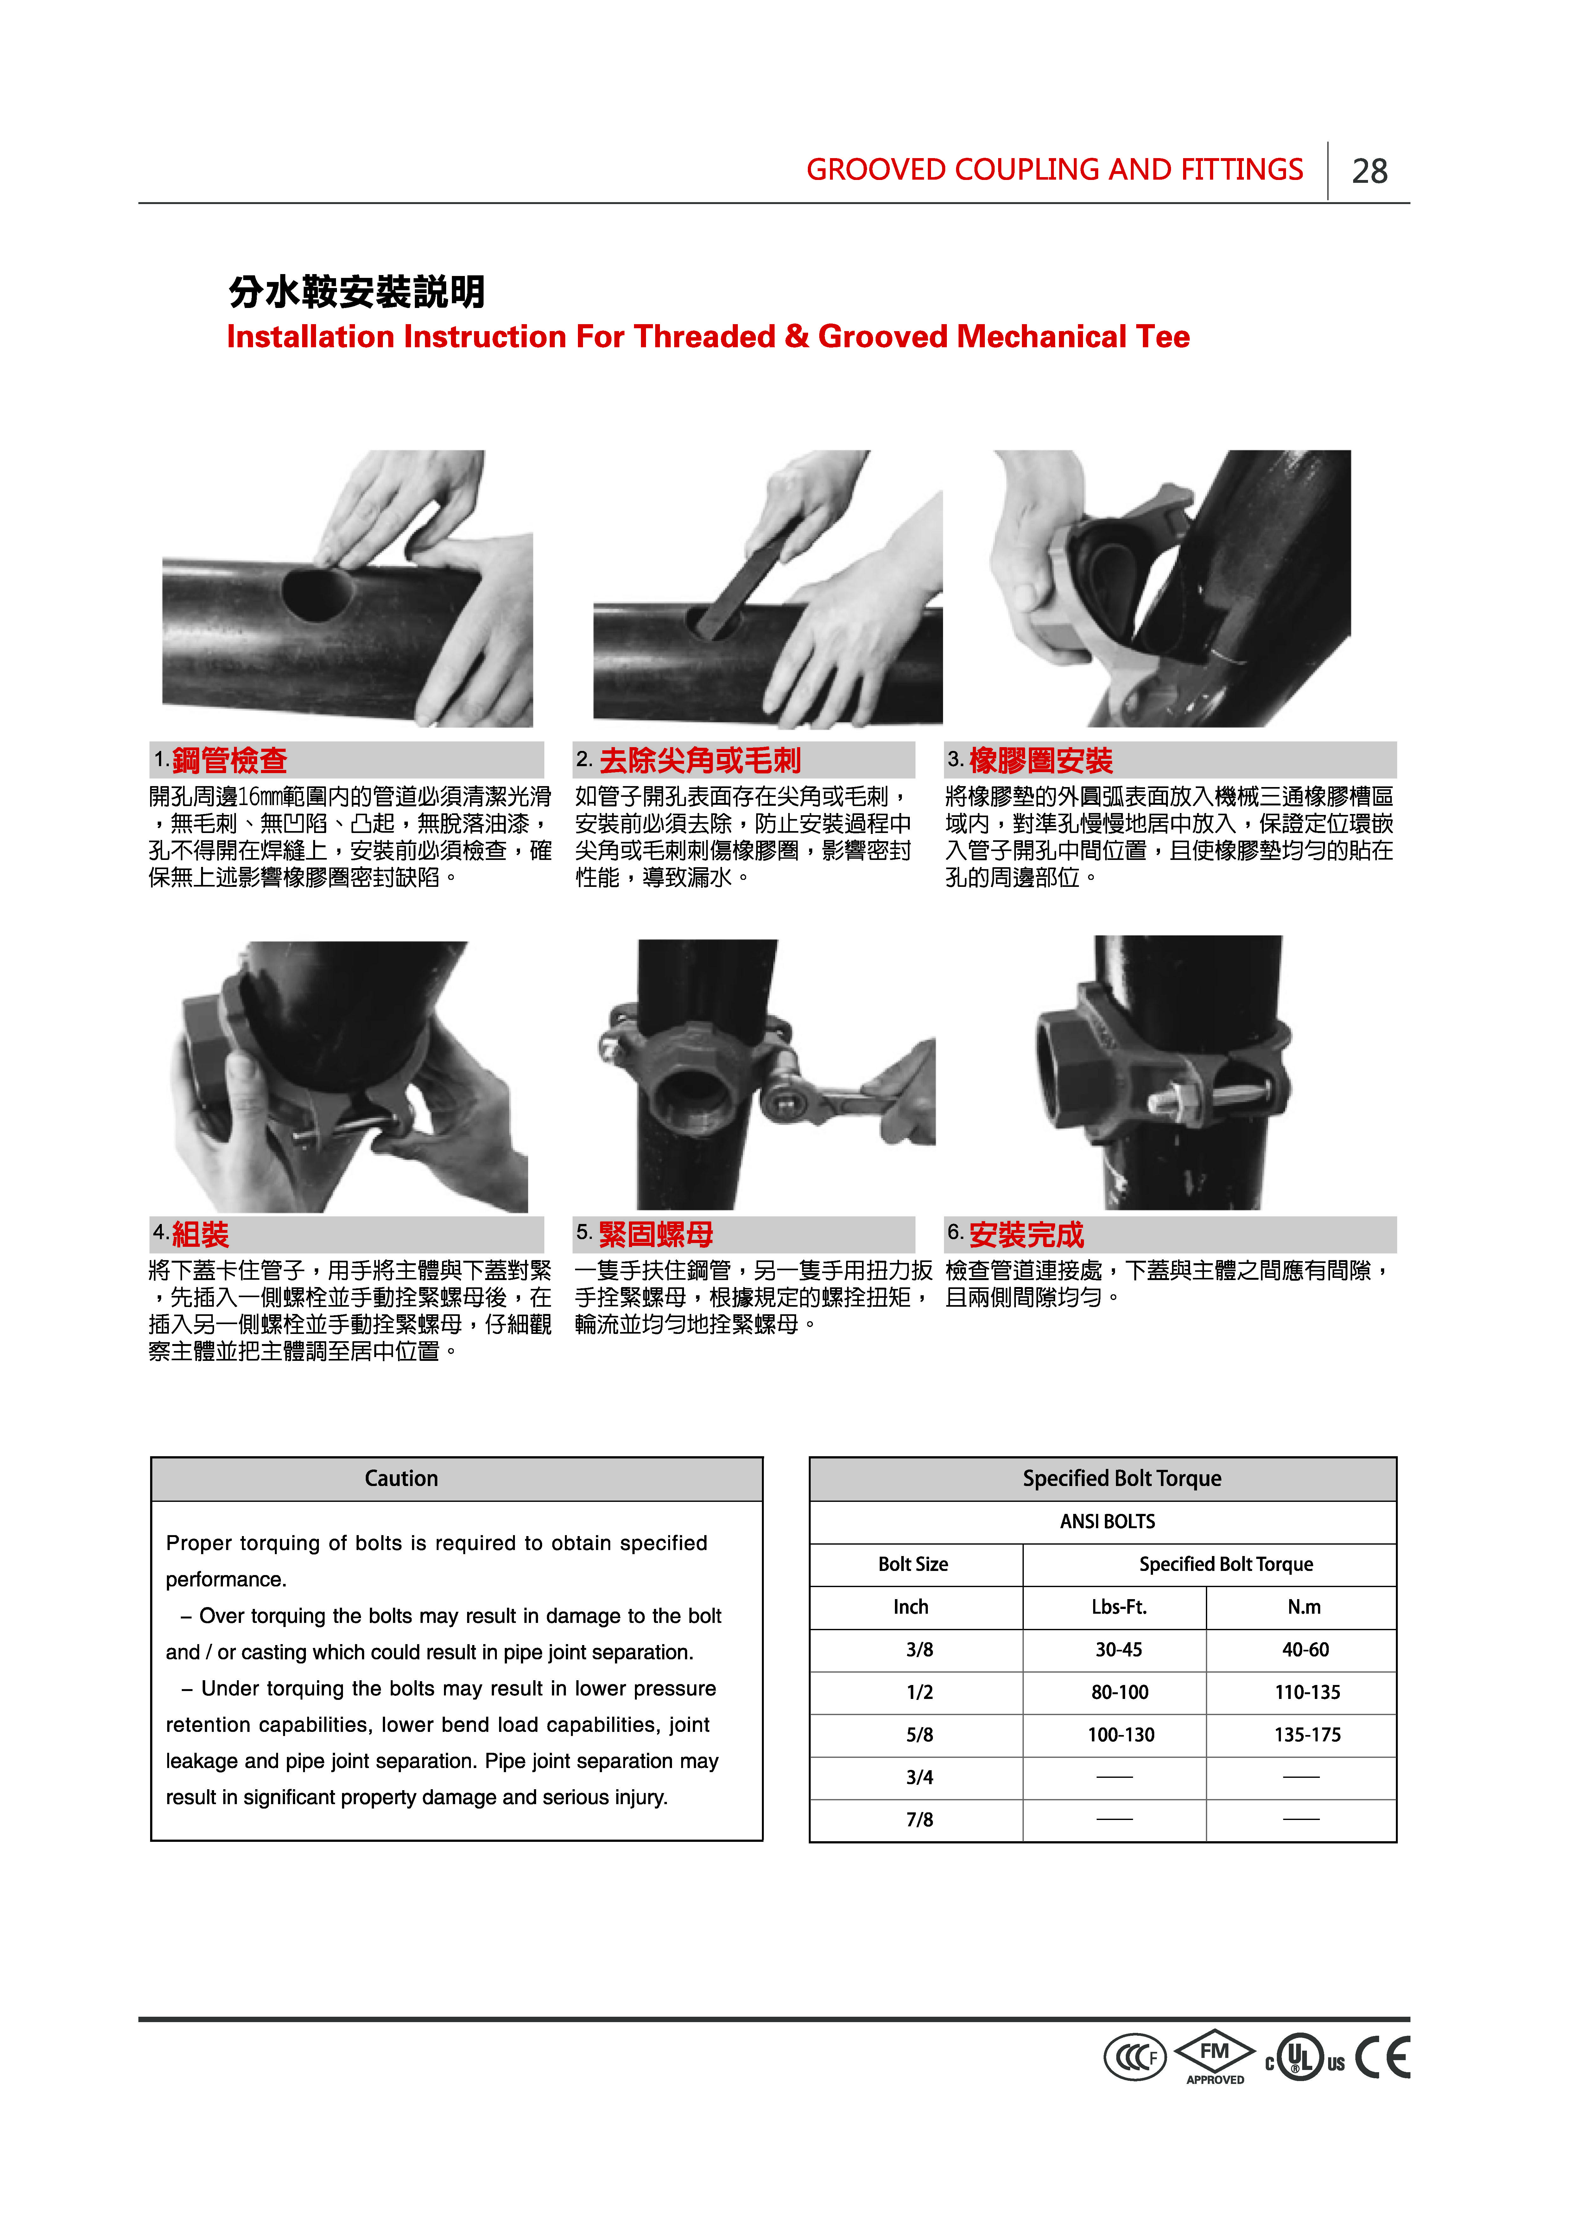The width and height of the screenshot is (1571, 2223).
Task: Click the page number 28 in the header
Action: pos(1370,171)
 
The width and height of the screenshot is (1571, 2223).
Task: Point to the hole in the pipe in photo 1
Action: pos(317,593)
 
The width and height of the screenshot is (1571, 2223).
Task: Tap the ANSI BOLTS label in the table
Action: pos(1107,1521)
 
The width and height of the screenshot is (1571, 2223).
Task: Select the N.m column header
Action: pos(1304,1607)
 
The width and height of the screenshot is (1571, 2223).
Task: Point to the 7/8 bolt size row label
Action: pos(920,1820)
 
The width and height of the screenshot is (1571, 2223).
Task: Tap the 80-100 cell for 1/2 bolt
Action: pos(1120,1692)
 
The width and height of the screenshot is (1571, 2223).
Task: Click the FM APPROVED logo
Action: pos(1215,2057)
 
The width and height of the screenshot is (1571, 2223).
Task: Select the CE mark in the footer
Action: pos(1382,2057)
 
